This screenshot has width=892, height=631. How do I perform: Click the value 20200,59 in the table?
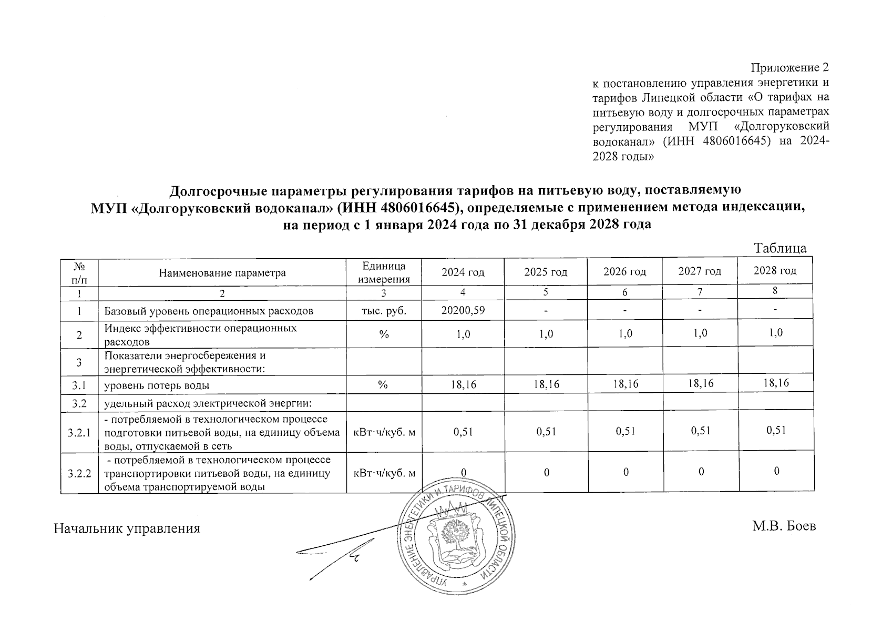coord(463,311)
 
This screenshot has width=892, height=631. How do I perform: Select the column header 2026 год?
coord(624,272)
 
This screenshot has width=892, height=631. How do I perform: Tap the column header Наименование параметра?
coord(222,273)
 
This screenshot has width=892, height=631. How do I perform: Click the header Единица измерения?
coord(384,272)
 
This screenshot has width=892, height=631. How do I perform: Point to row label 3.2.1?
coord(79,433)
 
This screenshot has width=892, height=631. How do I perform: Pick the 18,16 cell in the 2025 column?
coord(546,385)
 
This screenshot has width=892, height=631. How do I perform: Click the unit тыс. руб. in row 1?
coord(384,311)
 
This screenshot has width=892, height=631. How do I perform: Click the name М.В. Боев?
coord(784,526)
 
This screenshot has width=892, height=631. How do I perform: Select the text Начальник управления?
coord(127,528)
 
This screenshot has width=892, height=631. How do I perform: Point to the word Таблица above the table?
coord(781,248)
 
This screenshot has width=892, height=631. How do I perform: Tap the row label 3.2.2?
coord(79,473)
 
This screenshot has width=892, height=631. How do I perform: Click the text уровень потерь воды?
coord(157,385)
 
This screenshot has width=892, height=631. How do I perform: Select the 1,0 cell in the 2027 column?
coord(700,333)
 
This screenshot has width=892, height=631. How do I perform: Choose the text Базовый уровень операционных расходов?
coord(209,311)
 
